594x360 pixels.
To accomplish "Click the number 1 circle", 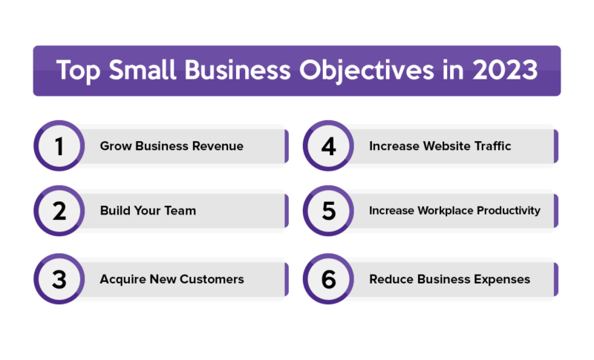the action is click(x=59, y=145).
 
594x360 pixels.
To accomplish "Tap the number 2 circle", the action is click(x=59, y=211).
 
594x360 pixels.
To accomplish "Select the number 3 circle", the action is click(x=59, y=279).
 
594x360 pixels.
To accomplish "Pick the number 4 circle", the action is click(x=328, y=145).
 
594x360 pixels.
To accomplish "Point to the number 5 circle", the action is click(x=328, y=211).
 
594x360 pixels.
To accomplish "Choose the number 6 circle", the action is click(x=328, y=279).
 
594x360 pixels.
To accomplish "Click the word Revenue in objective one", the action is click(x=218, y=146).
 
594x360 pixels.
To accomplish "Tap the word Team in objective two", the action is click(x=180, y=211).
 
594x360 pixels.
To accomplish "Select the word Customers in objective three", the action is click(x=212, y=279).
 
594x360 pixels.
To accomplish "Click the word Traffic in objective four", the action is click(x=492, y=146).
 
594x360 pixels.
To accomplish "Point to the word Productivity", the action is click(x=509, y=211).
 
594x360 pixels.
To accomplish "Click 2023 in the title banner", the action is click(x=505, y=70).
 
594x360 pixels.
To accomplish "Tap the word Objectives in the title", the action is click(x=366, y=71).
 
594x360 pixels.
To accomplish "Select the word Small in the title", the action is click(x=143, y=70).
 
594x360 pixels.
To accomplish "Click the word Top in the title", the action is click(x=79, y=71).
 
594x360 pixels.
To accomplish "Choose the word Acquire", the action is click(x=123, y=280).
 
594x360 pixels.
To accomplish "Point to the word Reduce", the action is click(x=391, y=279).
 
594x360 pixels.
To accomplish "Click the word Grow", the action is click(x=116, y=146).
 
